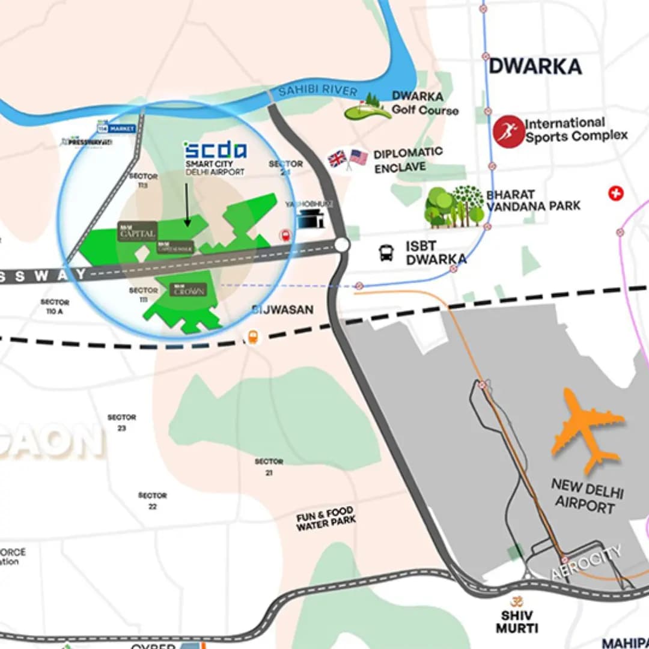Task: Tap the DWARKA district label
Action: click(535, 66)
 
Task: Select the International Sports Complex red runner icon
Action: click(508, 131)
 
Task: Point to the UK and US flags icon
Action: click(347, 159)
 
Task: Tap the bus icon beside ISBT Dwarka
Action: click(386, 253)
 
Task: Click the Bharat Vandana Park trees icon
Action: click(454, 206)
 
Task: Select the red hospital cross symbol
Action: click(615, 193)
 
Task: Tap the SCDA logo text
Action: click(215, 150)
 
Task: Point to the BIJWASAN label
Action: click(282, 309)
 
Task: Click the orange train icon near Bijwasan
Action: click(253, 337)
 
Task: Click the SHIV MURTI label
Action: click(517, 621)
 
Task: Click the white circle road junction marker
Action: click(342, 245)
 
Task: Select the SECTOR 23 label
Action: click(122, 422)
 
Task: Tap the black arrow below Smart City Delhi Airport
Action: click(187, 205)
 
